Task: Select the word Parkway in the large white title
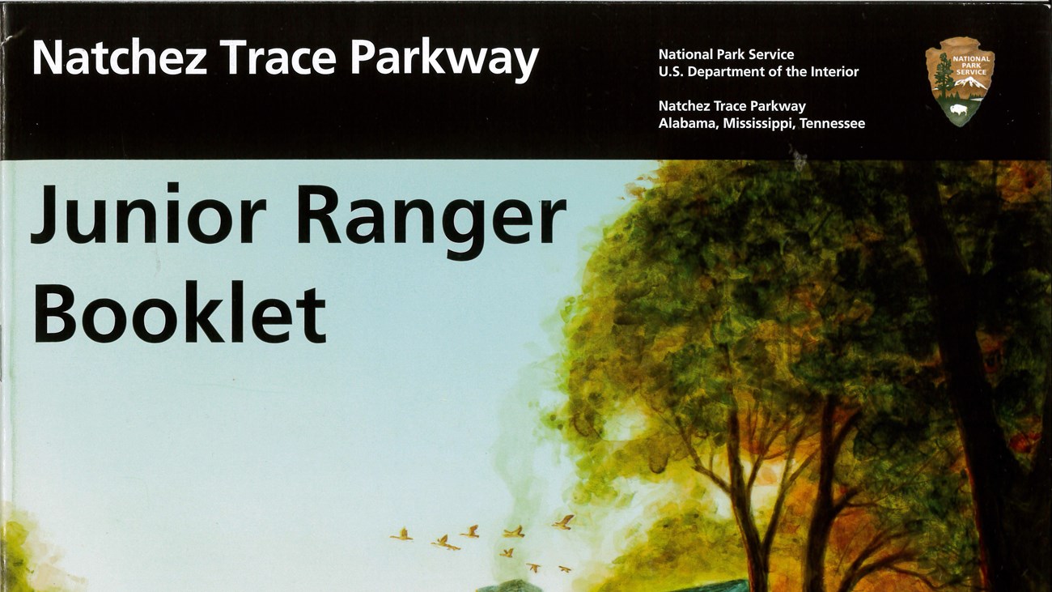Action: [x=445, y=60]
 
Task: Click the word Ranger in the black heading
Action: [x=431, y=221]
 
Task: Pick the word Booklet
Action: [x=180, y=312]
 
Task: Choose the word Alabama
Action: [x=689, y=124]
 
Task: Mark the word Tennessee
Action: [x=832, y=124]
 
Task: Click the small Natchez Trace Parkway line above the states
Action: [x=732, y=107]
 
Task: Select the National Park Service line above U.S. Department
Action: [x=726, y=54]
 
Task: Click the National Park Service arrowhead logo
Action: [x=960, y=82]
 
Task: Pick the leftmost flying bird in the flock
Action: [x=401, y=535]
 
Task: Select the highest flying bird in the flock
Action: [x=563, y=522]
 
